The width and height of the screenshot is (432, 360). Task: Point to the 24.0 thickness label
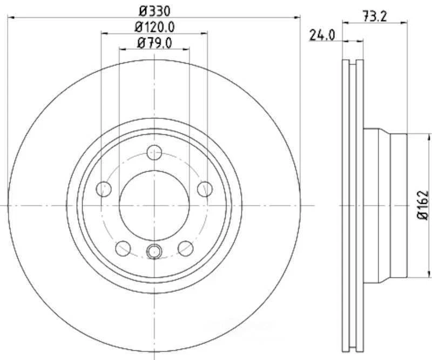point(322,36)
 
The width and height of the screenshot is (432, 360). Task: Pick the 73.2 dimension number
point(374,17)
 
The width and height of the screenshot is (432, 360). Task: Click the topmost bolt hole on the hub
point(154,152)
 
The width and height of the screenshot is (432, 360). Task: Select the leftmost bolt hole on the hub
point(103,189)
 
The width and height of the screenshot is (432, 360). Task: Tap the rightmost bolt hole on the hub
point(205,189)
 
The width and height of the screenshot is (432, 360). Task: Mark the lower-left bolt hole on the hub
point(123,248)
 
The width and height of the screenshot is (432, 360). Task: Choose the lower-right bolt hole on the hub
point(186,248)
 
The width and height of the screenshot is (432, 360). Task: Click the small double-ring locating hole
point(154,250)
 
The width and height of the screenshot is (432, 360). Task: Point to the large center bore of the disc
point(154,205)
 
